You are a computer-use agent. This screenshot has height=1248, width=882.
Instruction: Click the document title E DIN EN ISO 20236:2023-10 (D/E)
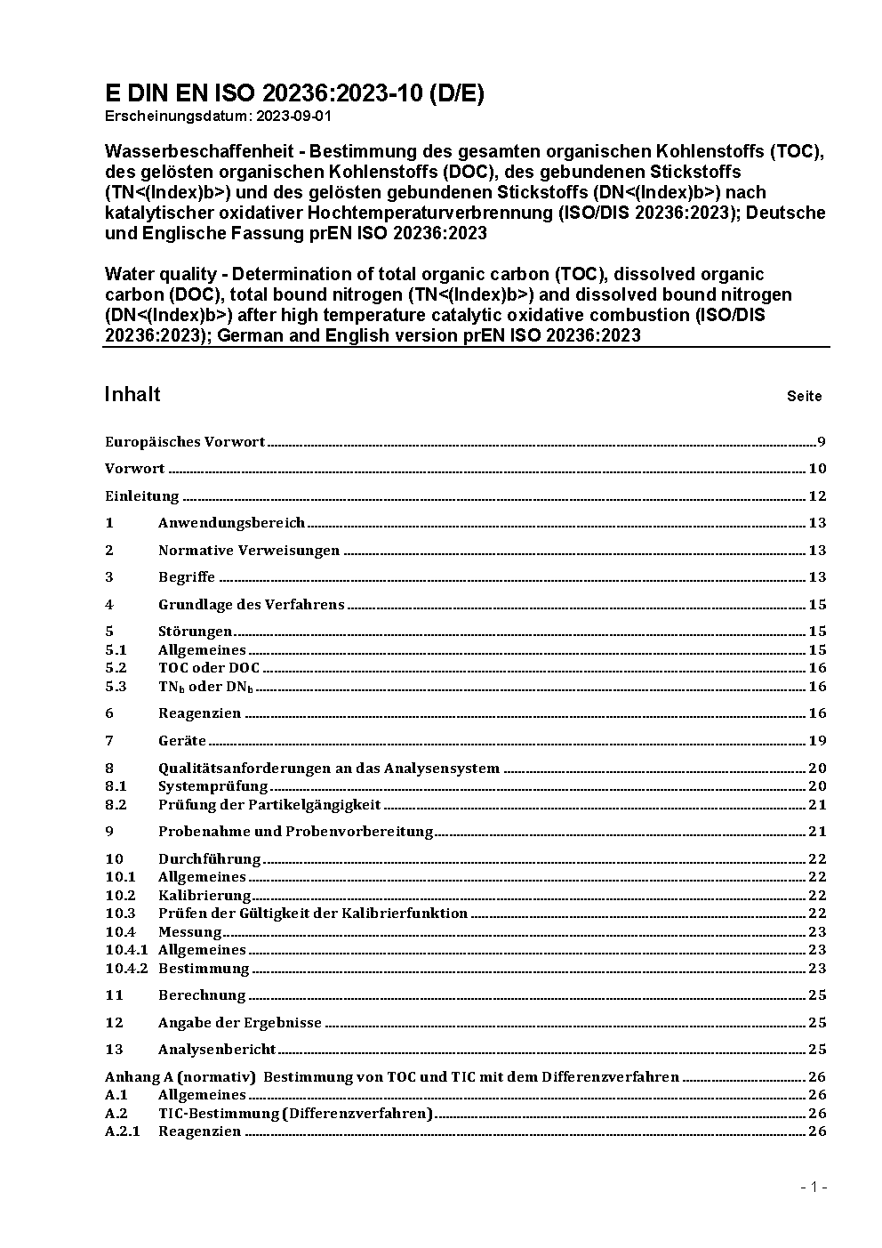point(294,94)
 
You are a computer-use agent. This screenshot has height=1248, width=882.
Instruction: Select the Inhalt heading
point(132,394)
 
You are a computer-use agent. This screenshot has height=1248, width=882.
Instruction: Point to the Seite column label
point(804,397)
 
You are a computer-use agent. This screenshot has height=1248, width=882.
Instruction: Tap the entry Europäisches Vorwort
point(185,442)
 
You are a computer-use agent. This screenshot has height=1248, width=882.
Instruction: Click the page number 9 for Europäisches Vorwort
point(822,442)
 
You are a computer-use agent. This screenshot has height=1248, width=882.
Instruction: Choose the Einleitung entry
point(142,496)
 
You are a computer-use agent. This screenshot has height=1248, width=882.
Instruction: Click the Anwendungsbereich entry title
point(231,523)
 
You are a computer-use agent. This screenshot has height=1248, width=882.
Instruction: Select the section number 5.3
point(116,686)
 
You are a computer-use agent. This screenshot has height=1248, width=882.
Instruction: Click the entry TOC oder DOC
point(209,668)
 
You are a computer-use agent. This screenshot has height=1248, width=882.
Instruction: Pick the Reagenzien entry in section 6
point(199,713)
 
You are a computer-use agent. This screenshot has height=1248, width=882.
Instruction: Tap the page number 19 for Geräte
point(817,740)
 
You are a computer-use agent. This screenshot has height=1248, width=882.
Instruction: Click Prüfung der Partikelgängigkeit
point(269,804)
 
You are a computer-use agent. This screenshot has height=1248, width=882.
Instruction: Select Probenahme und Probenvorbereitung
point(295,832)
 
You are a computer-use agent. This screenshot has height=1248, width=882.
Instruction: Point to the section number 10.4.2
point(126,968)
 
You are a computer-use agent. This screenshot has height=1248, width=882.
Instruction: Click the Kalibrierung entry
point(204,895)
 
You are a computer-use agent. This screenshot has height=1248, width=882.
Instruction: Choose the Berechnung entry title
point(202,995)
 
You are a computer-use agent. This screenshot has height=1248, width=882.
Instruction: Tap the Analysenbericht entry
point(217,1050)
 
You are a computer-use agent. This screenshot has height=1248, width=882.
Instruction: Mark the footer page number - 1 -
point(814,1187)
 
